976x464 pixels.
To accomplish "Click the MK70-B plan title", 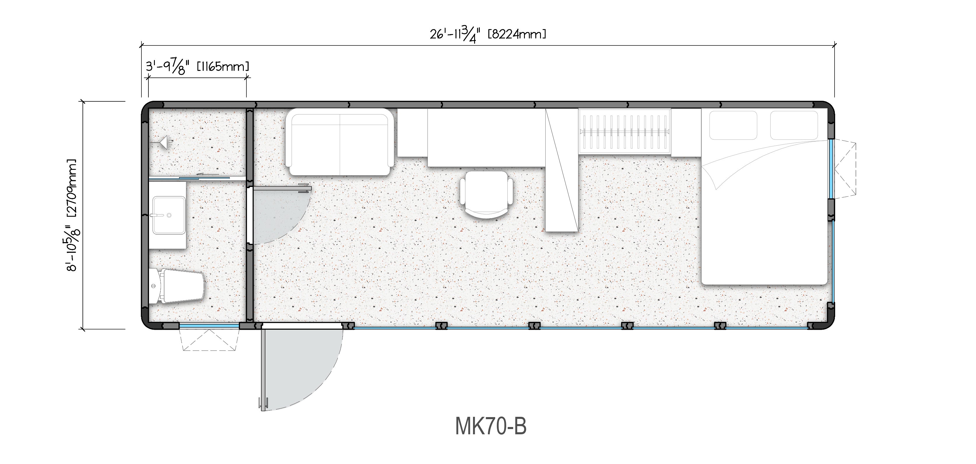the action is (491, 426).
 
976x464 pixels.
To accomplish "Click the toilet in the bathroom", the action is (176, 286).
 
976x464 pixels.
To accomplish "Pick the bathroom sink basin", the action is (169, 215).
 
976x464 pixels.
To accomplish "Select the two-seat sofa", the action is (339, 142).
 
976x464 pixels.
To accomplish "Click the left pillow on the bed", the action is (733, 125).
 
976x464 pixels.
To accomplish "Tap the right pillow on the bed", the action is (794, 125).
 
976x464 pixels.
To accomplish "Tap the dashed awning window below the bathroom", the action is (209, 340).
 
